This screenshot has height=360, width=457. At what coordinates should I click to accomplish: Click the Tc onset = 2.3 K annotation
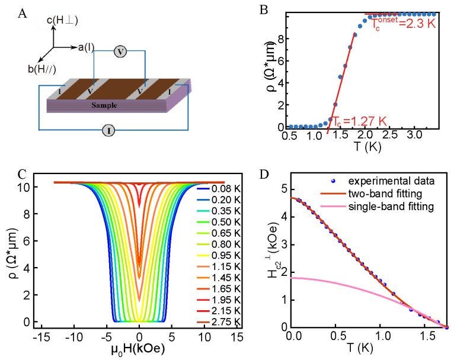[405, 26]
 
